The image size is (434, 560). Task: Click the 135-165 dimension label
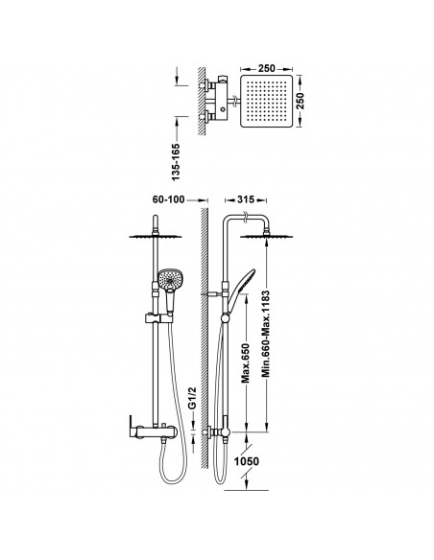coord(176,162)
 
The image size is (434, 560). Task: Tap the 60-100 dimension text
coord(168,199)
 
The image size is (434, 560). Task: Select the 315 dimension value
coord(246,199)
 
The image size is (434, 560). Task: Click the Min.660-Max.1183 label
coord(266,334)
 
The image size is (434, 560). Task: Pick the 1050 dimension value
coord(247,461)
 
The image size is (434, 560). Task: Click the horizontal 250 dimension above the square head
coord(266,68)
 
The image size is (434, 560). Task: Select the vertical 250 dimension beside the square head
coord(300,101)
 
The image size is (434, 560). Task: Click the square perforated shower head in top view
coord(266,101)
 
